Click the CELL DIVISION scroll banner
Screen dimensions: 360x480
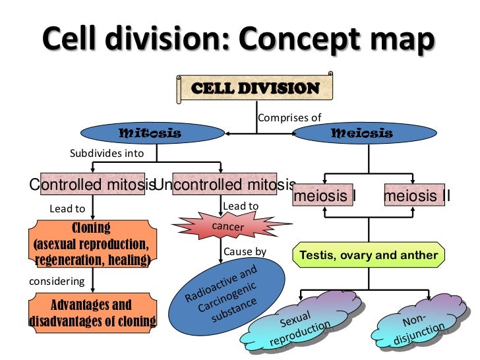(255, 88)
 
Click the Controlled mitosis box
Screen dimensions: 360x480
(92, 185)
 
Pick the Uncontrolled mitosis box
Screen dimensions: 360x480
(224, 185)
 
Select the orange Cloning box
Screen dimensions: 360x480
(92, 245)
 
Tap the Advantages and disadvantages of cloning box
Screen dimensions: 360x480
(92, 313)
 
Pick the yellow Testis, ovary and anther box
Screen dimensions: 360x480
(369, 255)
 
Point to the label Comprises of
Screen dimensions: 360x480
(289, 118)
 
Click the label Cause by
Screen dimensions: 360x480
(245, 252)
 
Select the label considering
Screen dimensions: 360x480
(58, 282)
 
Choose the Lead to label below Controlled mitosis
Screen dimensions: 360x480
(67, 209)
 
